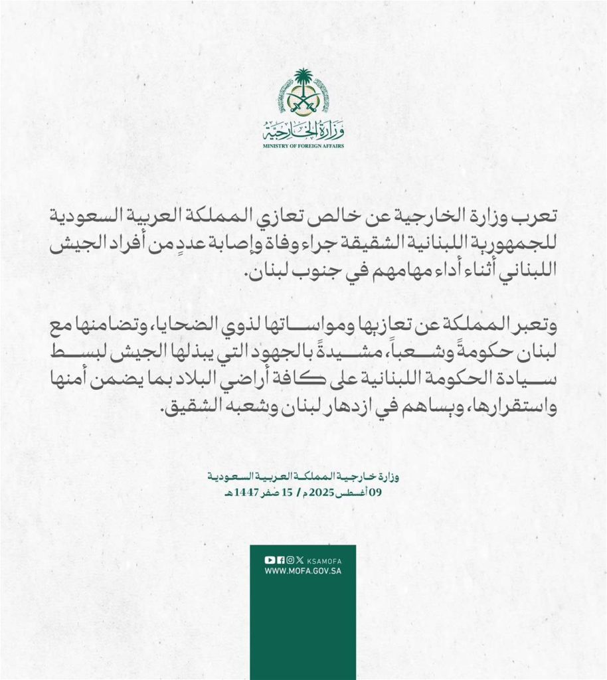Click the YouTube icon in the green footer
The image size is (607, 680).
269,560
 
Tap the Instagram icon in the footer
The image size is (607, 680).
290,560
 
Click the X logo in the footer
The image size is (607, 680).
300,560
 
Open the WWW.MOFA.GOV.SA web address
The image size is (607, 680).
303,570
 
